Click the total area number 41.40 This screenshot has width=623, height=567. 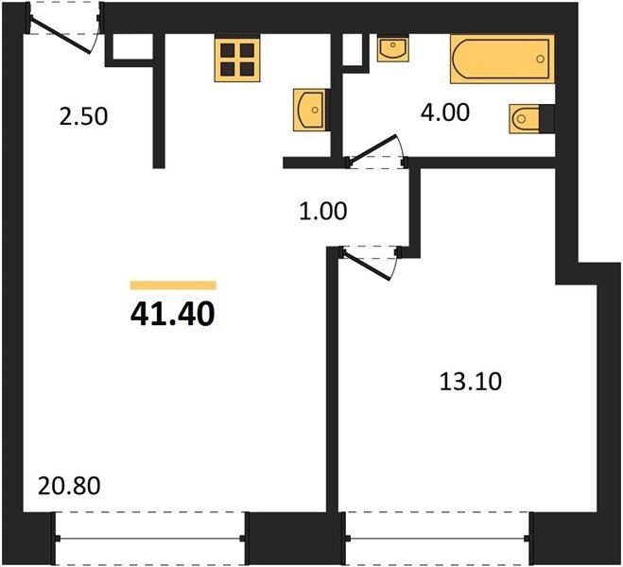(x=172, y=314)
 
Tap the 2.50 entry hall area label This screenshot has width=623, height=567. (x=83, y=117)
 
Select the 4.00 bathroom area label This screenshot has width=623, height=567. (x=445, y=112)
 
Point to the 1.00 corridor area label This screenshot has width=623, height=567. (x=323, y=211)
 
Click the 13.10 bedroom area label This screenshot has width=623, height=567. (x=471, y=382)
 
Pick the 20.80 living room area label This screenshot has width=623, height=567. (x=69, y=486)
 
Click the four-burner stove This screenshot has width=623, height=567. (x=237, y=59)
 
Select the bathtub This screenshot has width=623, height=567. (x=502, y=59)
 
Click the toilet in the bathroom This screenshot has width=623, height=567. (x=525, y=118)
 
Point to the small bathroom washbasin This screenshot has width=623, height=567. (x=393, y=48)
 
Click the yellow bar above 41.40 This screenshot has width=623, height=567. (x=173, y=285)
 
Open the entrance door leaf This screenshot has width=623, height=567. (x=60, y=35)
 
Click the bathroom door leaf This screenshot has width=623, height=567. (x=372, y=148)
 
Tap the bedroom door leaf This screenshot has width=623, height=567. (x=367, y=265)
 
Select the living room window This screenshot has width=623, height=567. (x=149, y=539)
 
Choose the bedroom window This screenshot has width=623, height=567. (x=438, y=539)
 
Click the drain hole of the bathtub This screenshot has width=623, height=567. (x=540, y=60)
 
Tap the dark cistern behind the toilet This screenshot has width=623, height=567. (x=547, y=118)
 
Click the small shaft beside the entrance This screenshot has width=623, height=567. (x=130, y=47)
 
